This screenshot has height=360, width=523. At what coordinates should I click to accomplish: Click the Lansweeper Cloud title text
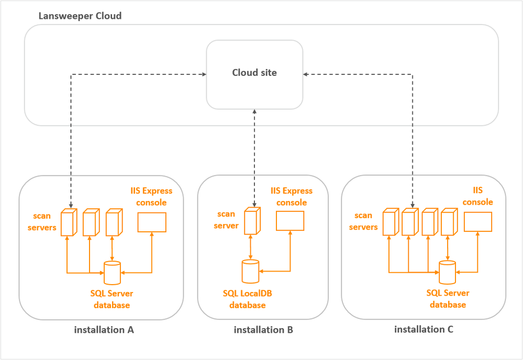pyautogui.click(x=80, y=16)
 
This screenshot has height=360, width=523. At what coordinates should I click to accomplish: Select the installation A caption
pyautogui.click(x=104, y=330)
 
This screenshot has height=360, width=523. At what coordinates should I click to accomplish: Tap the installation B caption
pyautogui.click(x=263, y=330)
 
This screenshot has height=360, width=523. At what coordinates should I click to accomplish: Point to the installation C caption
pyautogui.click(x=424, y=330)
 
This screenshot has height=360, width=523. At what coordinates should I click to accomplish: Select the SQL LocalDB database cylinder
pyautogui.click(x=251, y=271)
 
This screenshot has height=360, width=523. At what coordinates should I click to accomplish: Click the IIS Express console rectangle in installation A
pyautogui.click(x=152, y=222)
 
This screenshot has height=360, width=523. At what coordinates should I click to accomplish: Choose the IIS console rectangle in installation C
pyautogui.click(x=478, y=221)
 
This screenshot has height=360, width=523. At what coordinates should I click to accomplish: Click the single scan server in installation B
pyautogui.click(x=252, y=222)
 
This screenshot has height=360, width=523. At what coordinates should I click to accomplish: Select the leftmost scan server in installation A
pyautogui.click(x=69, y=222)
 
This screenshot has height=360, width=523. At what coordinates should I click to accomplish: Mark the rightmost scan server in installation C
pyautogui.click(x=448, y=222)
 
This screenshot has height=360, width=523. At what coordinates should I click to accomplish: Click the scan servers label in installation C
pyautogui.click(x=363, y=221)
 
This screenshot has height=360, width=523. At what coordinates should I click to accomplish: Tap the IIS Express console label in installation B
pyautogui.click(x=292, y=197)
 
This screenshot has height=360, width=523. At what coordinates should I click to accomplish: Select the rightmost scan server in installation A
pyautogui.click(x=113, y=222)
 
